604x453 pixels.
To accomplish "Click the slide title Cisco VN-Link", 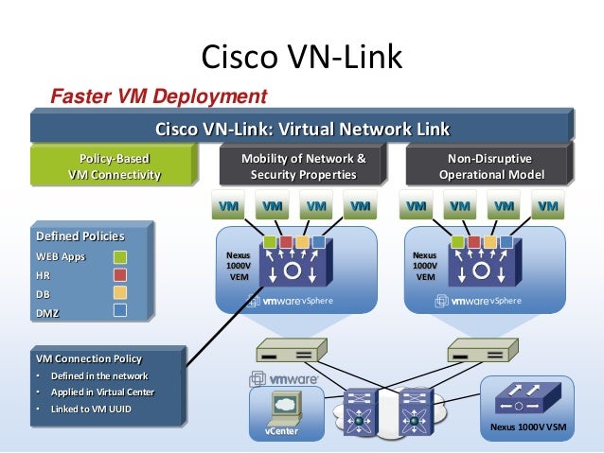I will [302, 59].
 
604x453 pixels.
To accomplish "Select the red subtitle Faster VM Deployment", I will [158, 96].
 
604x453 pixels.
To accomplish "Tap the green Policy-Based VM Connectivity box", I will [113, 166].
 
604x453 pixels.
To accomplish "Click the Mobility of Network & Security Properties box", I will [302, 166].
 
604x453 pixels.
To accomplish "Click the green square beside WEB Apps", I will [120, 256].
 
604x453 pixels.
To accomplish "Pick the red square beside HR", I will [120, 274].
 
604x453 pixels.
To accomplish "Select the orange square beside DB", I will [120, 292].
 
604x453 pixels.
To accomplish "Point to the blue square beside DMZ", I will [120, 310].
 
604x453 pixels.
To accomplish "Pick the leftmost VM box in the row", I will [228, 204].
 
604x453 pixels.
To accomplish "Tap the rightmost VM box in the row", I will [546, 204].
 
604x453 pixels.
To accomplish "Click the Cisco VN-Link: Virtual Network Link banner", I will [302, 128].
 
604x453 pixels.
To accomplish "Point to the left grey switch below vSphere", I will [285, 354].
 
